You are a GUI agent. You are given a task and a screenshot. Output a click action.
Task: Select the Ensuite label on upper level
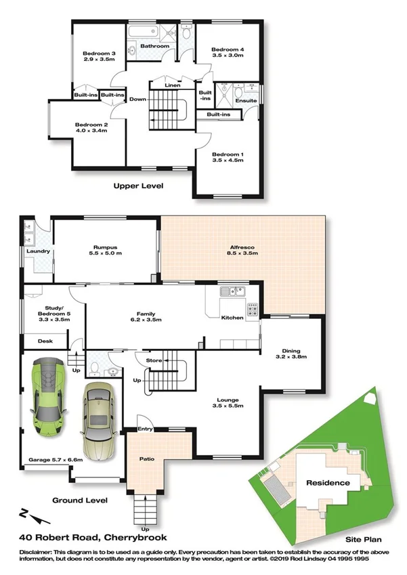tap(246, 100)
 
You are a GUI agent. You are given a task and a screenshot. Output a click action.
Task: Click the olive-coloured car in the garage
tap(99, 420)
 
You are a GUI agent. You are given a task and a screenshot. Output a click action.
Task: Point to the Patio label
tap(147, 459)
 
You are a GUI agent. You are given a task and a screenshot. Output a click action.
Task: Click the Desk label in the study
tap(45, 341)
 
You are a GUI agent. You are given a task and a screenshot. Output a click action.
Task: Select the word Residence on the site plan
tap(328, 483)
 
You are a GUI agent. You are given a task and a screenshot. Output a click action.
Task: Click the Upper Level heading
tap(138, 185)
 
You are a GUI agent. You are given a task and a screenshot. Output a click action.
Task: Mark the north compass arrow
tap(30, 517)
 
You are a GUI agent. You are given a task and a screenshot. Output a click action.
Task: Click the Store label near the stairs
tap(154, 360)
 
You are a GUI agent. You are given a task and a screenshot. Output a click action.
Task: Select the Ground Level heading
tap(80, 501)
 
